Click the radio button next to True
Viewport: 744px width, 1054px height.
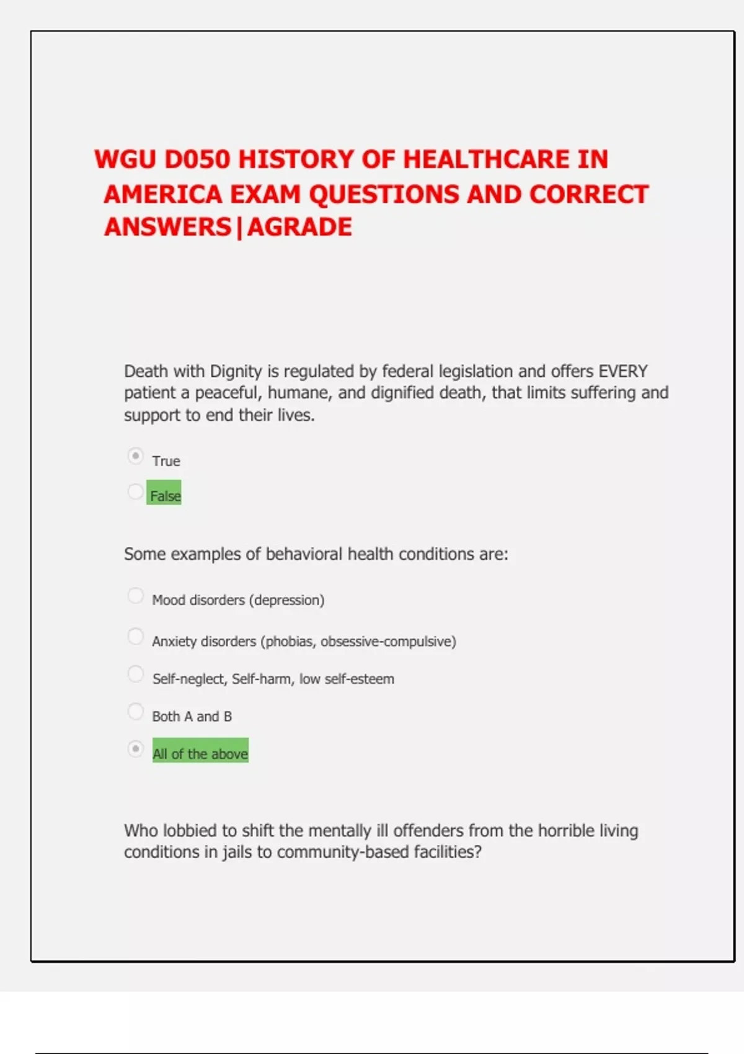point(135,456)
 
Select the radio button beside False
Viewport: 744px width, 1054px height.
point(135,492)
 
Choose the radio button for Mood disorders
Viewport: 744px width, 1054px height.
point(135,596)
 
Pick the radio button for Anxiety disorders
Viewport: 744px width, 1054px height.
point(135,636)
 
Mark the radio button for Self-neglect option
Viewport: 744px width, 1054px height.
point(135,674)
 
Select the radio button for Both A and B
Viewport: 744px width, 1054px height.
point(135,711)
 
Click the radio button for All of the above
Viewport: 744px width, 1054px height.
point(135,749)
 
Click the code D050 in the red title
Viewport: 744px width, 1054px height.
point(197,160)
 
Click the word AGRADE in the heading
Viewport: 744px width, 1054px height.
point(299,228)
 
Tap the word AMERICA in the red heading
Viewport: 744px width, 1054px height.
point(162,195)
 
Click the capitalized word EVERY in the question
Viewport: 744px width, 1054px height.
point(622,371)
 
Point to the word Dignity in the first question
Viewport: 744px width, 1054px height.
point(236,371)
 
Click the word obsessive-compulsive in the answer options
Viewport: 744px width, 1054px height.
point(386,641)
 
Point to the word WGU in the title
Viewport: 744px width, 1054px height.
point(125,160)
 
